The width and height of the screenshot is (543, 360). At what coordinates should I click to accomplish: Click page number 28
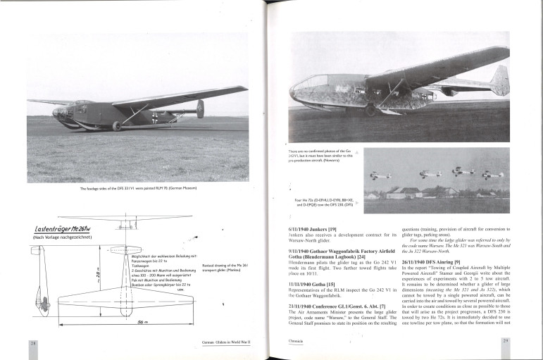coord(33,342)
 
